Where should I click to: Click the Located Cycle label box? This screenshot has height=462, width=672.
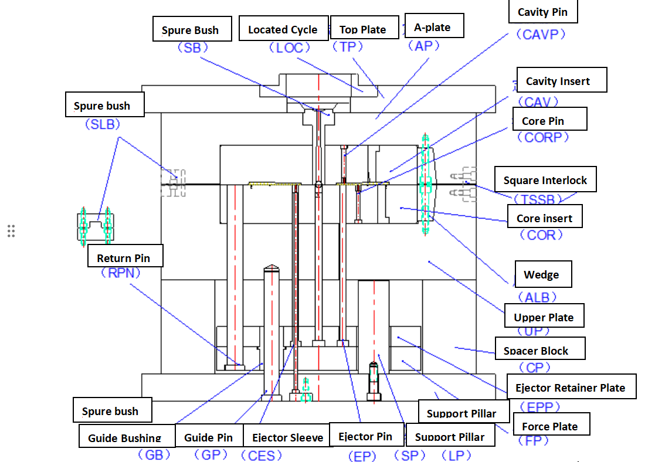(x=283, y=29)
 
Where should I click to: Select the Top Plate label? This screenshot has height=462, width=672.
(x=363, y=29)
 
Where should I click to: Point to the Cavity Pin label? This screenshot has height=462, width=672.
(x=542, y=12)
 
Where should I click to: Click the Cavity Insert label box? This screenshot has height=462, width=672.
(x=558, y=81)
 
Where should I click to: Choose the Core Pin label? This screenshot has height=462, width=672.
(x=544, y=121)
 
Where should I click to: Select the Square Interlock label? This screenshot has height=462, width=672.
(x=545, y=180)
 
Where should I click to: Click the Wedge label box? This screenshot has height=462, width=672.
(x=542, y=274)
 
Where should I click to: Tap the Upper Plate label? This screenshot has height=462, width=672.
(x=544, y=317)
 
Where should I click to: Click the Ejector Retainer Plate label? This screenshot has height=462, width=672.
(x=570, y=388)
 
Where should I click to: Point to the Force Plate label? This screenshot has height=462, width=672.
(x=550, y=426)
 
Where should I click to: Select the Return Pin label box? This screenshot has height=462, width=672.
(x=124, y=258)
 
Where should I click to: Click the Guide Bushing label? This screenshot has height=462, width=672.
(x=125, y=437)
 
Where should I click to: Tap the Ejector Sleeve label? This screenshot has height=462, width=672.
(x=287, y=437)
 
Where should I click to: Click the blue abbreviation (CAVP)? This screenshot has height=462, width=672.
(x=541, y=35)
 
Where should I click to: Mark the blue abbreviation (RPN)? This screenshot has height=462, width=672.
(x=121, y=273)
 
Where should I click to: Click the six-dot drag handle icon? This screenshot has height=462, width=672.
(x=11, y=231)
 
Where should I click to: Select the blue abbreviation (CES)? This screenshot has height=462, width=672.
(x=262, y=455)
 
